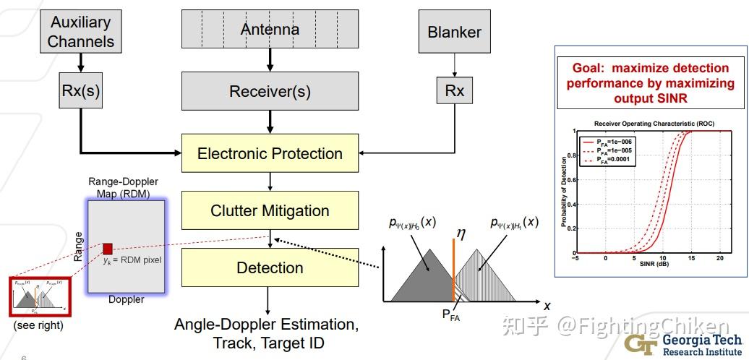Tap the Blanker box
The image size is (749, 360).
[x=454, y=33]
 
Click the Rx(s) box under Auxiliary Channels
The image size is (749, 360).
[x=80, y=91]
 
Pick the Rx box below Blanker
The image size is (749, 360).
[x=454, y=91]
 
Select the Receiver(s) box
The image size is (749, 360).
[x=270, y=92]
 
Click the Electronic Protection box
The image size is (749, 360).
[x=270, y=153]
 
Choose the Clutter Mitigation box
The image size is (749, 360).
[x=270, y=210]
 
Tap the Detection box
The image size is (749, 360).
[x=270, y=267]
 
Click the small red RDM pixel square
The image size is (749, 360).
[x=108, y=249]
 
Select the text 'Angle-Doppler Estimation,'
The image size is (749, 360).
[x=265, y=324]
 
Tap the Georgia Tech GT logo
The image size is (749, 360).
[x=638, y=343]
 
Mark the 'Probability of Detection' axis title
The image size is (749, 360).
[x=564, y=191]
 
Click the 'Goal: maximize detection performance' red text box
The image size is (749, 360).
[x=651, y=83]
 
